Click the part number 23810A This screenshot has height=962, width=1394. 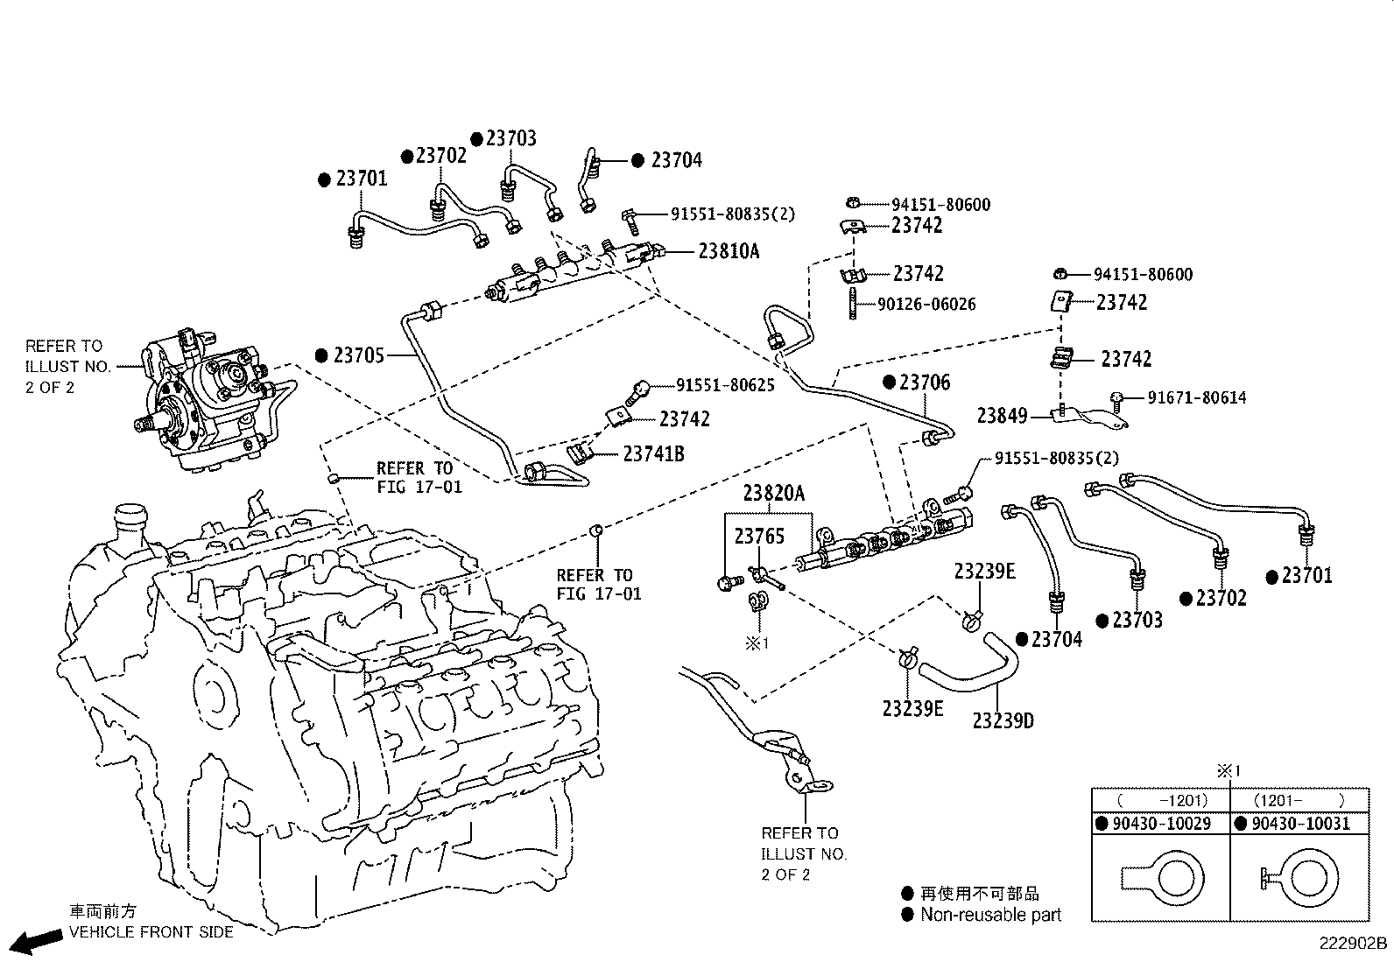729,251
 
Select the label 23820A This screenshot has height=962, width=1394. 773,493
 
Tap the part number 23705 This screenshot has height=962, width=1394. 359,355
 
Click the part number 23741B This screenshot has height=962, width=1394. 653,453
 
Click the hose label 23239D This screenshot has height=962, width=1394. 1003,720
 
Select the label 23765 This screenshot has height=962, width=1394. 759,537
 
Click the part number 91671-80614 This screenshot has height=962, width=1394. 1196,397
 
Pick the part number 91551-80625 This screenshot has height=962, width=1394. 725,384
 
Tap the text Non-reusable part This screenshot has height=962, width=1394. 990,915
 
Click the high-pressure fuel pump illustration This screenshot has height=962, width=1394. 201,398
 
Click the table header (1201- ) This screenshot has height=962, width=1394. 1299,800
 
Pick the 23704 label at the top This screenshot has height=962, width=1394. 676,160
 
